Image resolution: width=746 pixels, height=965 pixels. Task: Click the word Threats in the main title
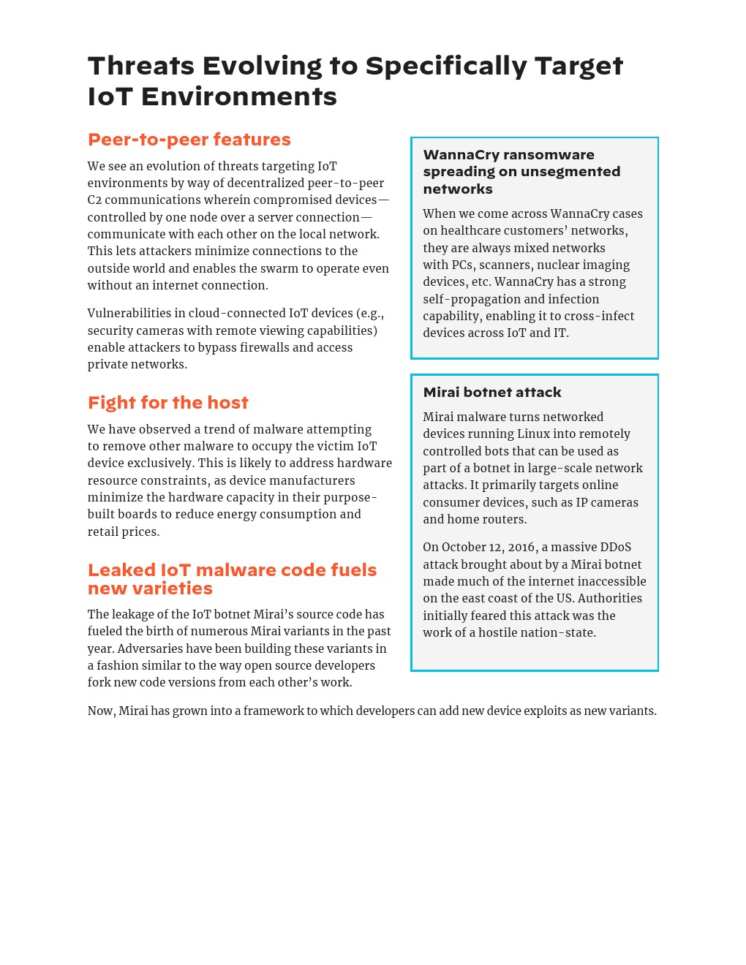click(141, 67)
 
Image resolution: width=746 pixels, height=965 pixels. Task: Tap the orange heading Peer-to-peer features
click(189, 140)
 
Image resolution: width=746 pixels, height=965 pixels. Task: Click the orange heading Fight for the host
click(167, 403)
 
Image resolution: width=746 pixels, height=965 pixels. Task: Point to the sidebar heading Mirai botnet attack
click(491, 393)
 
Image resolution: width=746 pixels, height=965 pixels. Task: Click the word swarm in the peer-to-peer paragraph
click(314, 268)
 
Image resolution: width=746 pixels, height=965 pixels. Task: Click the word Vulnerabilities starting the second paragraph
click(129, 314)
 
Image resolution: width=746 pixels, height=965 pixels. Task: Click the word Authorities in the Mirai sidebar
click(609, 599)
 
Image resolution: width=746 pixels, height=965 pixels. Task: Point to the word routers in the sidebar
click(505, 520)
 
